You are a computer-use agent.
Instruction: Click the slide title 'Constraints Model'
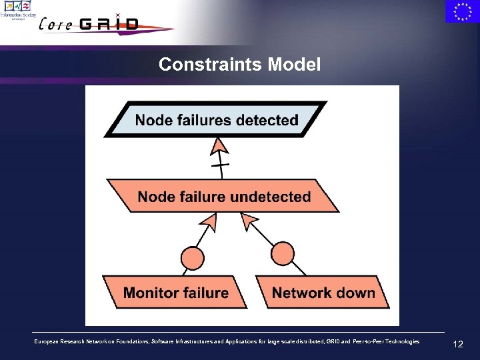[239, 65]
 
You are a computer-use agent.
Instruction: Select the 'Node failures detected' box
[217, 120]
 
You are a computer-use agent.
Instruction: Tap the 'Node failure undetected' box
[224, 197]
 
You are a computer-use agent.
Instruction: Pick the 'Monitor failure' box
[176, 293]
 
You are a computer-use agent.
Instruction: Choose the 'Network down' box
[323, 293]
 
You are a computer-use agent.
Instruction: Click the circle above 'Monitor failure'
[193, 257]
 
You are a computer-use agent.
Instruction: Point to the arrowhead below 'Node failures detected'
[219, 145]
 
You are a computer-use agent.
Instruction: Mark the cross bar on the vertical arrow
[220, 164]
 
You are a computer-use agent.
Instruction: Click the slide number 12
[457, 345]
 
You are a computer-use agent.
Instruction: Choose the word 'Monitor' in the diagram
[148, 293]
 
